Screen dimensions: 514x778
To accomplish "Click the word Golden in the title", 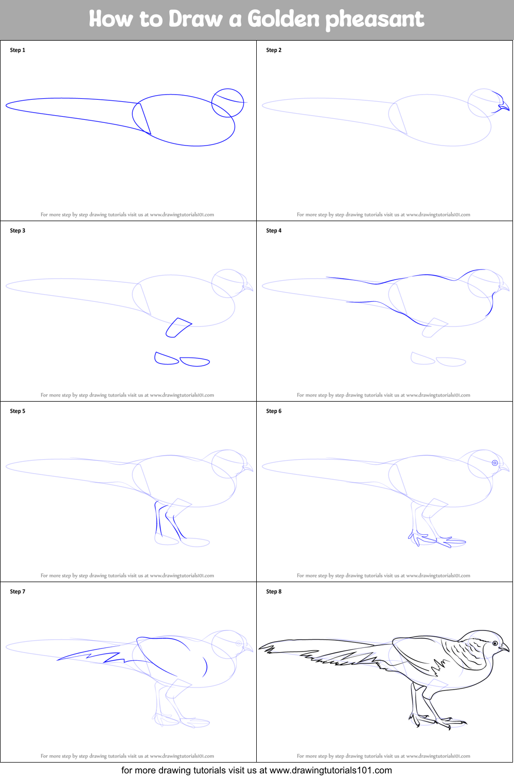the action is click(x=283, y=19).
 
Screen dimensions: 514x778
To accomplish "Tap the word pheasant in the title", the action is click(x=375, y=20).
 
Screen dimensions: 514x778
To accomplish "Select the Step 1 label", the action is click(x=17, y=50).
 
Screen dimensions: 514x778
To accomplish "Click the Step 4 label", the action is click(x=274, y=230).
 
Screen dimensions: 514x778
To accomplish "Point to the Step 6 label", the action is click(x=274, y=411).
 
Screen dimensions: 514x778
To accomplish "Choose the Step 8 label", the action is click(x=274, y=591).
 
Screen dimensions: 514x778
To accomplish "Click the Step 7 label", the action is click(x=17, y=591).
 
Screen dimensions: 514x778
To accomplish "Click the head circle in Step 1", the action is click(x=227, y=89).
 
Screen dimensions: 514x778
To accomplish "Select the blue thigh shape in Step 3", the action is click(x=179, y=328).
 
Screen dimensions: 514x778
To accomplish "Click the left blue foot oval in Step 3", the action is click(x=167, y=358).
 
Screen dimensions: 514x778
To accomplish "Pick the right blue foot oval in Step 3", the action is click(x=194, y=362).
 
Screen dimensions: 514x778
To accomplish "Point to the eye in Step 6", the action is click(x=495, y=463).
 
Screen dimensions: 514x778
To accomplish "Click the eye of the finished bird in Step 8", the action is click(x=495, y=644).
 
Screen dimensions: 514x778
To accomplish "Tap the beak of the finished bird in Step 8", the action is click(x=504, y=648).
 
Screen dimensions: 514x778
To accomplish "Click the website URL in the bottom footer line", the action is click(x=330, y=770).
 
